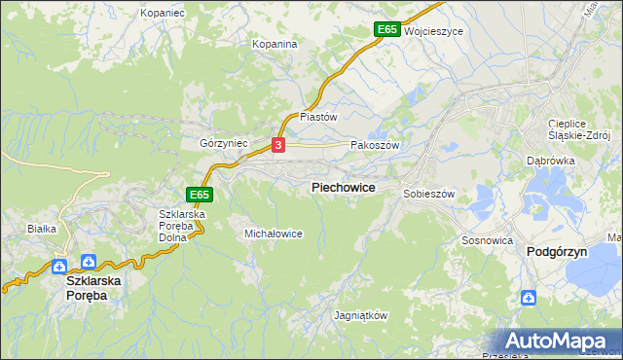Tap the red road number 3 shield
click(x=279, y=146)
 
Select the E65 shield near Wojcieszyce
click(x=387, y=30)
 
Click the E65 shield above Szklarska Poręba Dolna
click(x=200, y=195)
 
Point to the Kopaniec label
click(x=163, y=13)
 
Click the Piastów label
click(x=318, y=116)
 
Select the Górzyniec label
click(x=224, y=143)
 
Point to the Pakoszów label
click(x=375, y=143)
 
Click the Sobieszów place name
click(x=429, y=194)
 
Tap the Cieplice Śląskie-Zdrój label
click(x=578, y=129)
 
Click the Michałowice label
click(x=274, y=234)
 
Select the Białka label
click(x=43, y=229)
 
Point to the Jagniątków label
click(x=360, y=316)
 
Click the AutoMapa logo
click(x=559, y=342)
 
